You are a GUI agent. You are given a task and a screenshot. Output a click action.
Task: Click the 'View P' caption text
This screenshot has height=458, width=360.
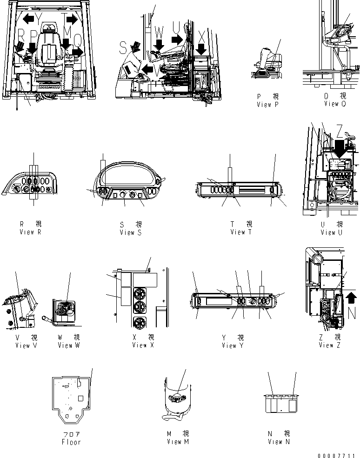(x=267, y=105)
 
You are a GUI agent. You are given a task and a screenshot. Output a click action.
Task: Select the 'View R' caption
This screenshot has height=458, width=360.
(x=30, y=232)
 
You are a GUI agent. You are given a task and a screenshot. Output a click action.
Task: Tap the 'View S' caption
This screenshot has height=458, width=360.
(x=130, y=232)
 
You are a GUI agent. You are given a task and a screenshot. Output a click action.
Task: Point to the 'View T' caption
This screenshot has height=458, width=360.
(x=241, y=232)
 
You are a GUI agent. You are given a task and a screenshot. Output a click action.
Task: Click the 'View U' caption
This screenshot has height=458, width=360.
(x=328, y=232)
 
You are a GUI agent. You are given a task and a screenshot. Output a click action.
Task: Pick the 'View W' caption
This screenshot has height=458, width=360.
(x=69, y=345)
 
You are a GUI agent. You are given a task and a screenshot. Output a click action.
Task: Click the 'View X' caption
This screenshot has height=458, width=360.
(x=143, y=345)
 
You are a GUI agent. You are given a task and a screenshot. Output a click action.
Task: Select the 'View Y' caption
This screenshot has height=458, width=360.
(x=233, y=345)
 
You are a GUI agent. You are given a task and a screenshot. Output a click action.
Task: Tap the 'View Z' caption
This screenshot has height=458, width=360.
(x=330, y=345)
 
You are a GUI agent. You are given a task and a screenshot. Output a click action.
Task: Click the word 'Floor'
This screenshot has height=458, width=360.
(x=71, y=442)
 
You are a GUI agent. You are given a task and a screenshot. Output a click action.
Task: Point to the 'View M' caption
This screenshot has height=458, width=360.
(x=178, y=441)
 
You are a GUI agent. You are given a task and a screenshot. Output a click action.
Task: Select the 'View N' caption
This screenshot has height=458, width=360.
(x=279, y=442)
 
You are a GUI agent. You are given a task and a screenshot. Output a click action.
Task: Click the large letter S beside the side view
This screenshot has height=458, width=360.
(x=123, y=46)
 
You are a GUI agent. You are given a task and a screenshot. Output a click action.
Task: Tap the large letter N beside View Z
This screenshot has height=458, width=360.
(x=352, y=313)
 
